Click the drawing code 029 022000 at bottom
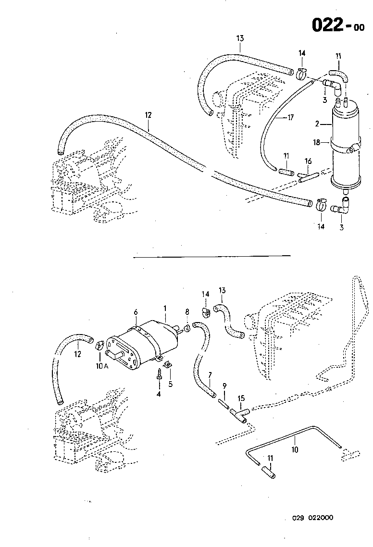(313, 518)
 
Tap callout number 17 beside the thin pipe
(290, 117)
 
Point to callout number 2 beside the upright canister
(317, 124)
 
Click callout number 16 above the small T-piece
(308, 161)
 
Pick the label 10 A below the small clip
(101, 366)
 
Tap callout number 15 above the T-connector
(241, 398)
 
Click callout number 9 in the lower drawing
(224, 386)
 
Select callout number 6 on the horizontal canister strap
(136, 312)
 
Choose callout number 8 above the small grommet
(187, 312)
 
